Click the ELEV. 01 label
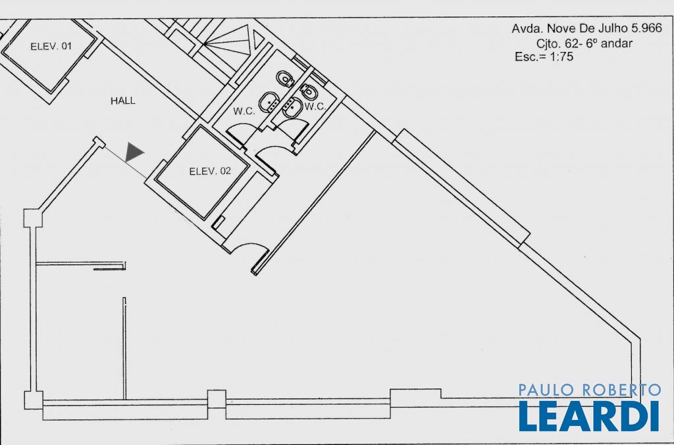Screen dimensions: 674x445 (51, 47)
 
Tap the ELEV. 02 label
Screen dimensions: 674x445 (210, 171)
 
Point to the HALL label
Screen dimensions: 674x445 (123, 101)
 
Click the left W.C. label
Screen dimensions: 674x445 (244, 111)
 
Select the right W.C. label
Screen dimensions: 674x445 (315, 106)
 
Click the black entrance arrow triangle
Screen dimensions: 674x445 (134, 152)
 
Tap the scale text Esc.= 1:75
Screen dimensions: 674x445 (544, 57)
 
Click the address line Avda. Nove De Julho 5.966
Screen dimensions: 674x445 (586, 28)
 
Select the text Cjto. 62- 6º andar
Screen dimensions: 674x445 (584, 43)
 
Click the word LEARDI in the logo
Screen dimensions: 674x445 (589, 416)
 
